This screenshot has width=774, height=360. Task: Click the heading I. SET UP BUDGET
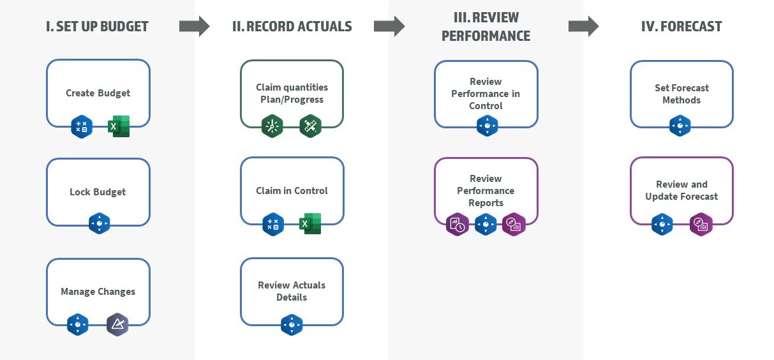click(x=98, y=27)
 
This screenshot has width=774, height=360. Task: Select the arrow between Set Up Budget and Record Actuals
click(x=194, y=26)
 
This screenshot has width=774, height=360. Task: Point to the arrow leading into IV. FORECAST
click(x=583, y=26)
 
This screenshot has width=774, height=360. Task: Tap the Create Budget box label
click(x=98, y=93)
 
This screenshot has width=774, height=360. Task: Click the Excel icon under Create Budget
click(x=119, y=126)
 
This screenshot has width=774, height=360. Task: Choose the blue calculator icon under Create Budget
click(x=82, y=126)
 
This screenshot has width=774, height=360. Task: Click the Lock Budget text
click(x=98, y=192)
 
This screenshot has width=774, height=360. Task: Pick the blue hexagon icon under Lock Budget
click(x=99, y=223)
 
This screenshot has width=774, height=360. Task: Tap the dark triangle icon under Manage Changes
click(x=117, y=324)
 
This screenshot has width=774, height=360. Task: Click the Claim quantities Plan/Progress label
click(x=292, y=93)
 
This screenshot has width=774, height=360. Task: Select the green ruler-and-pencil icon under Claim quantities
click(x=310, y=126)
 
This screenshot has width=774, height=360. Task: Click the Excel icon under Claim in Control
click(x=310, y=224)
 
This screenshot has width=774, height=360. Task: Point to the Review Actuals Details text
click(x=292, y=291)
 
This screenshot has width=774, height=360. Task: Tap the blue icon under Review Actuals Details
click(x=292, y=325)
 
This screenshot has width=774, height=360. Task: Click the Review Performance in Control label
click(x=486, y=94)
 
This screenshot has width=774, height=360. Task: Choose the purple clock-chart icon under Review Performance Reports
click(x=458, y=225)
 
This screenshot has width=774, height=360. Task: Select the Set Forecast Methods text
click(x=681, y=94)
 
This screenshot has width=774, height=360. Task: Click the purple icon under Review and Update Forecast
click(x=701, y=225)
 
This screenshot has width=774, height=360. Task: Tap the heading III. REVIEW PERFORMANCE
click(x=486, y=27)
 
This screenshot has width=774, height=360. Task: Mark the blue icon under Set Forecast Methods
click(x=680, y=126)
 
